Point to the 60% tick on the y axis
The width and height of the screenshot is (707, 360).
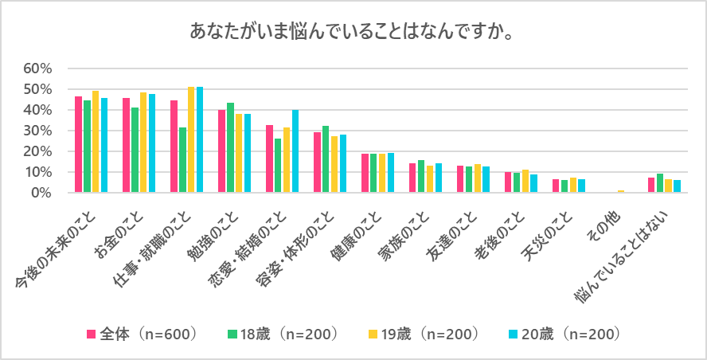click(37, 68)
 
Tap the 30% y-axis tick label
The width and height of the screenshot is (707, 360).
click(37, 131)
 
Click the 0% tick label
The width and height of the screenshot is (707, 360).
click(41, 193)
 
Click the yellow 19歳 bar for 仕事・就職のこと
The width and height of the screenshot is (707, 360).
click(191, 140)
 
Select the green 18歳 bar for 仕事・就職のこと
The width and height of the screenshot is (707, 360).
click(182, 160)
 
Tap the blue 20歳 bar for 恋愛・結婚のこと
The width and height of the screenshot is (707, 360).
click(295, 151)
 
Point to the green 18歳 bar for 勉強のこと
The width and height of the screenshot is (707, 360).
click(230, 148)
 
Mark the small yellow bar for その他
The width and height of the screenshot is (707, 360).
click(621, 191)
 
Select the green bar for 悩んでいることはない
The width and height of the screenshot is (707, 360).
click(660, 183)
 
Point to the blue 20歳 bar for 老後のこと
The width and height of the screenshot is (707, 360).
click(534, 183)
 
